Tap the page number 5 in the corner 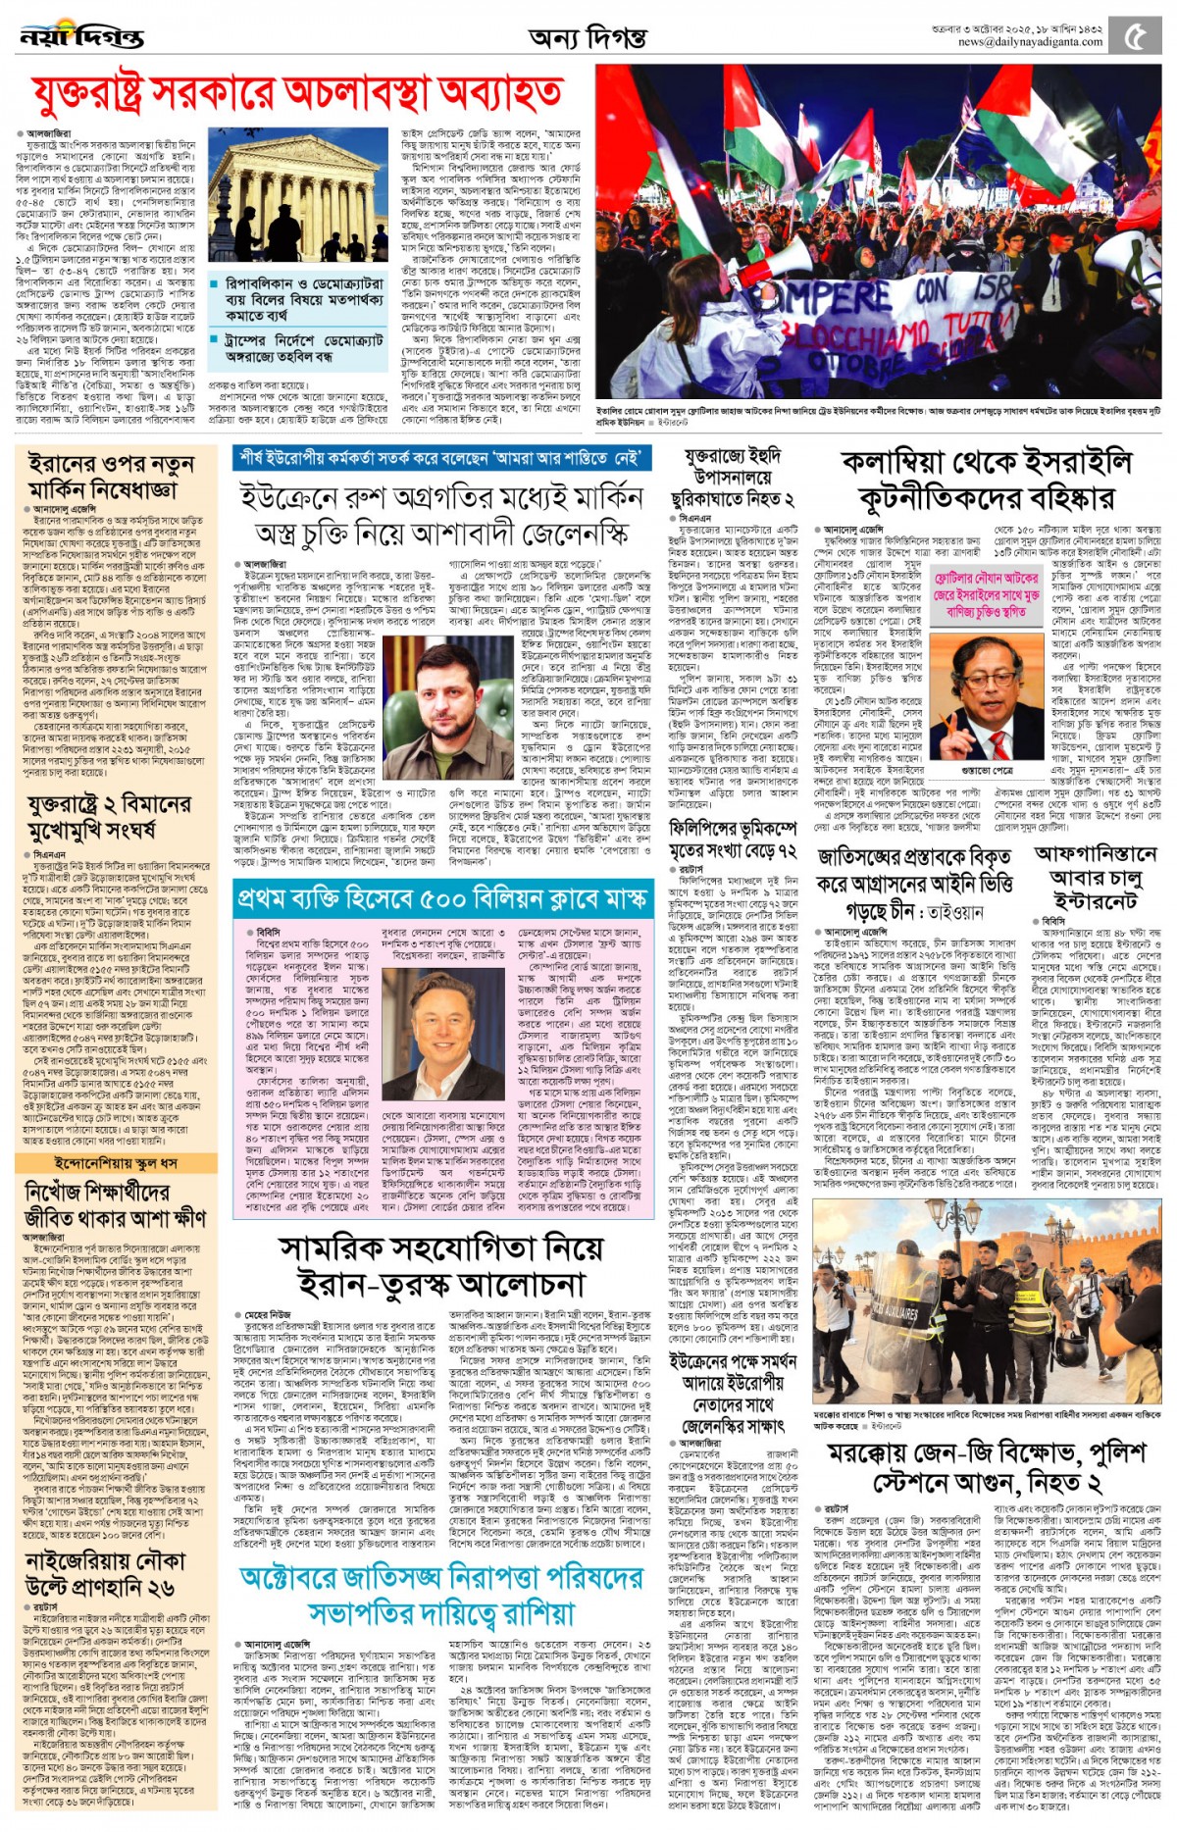pos(1136,37)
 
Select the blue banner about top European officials pos(441,457)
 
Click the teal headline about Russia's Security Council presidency pos(441,1593)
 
